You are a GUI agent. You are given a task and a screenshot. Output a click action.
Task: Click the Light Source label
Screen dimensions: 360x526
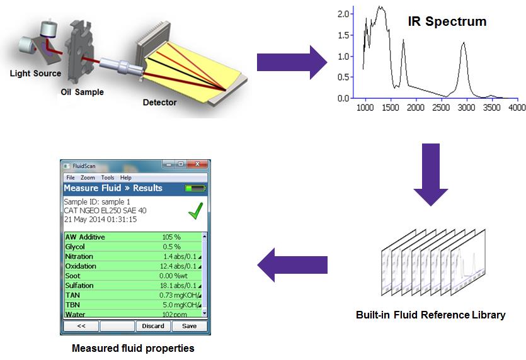coord(35,74)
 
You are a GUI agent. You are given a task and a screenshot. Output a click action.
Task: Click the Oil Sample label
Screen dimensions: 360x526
coord(78,92)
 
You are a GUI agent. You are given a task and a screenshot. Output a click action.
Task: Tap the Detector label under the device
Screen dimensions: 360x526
coord(159,102)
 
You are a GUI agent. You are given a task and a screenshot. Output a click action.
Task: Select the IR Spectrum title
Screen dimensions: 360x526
coord(446,21)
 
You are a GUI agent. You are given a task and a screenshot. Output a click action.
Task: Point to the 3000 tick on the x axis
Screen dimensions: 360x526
coord(466,108)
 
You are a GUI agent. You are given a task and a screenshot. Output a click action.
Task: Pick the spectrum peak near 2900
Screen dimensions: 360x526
coord(463,43)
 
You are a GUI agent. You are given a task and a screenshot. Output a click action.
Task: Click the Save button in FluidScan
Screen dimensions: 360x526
coord(189,326)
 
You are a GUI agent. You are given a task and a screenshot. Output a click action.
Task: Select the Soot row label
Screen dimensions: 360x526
coord(73,276)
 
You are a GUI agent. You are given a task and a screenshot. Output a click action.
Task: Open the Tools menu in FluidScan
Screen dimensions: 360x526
coord(108,177)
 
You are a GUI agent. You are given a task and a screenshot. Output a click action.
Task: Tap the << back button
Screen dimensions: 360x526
coord(81,326)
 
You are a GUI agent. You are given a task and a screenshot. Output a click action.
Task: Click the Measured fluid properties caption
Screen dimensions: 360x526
coord(133,348)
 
